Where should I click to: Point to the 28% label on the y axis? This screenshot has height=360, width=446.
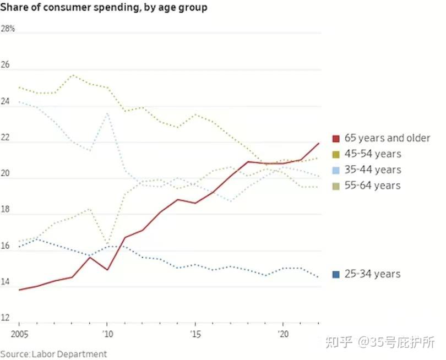click(8, 29)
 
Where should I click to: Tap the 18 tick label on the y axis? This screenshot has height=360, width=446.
click(6, 210)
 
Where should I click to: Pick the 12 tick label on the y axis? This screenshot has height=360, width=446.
click(6, 318)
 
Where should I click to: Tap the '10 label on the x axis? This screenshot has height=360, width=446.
click(107, 334)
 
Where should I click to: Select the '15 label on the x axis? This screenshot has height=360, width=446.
click(195, 334)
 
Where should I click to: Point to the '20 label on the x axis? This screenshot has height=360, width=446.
click(283, 334)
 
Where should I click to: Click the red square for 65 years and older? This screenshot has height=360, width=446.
click(336, 138)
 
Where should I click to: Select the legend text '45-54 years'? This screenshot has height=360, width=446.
click(373, 154)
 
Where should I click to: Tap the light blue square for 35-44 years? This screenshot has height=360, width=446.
click(336, 170)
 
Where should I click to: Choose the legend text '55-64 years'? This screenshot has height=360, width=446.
click(373, 186)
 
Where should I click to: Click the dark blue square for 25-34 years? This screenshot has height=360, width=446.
click(336, 274)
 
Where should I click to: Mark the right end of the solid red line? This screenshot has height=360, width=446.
click(319, 143)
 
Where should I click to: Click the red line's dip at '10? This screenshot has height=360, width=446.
click(107, 270)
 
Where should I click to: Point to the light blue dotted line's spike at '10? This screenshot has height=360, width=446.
click(107, 113)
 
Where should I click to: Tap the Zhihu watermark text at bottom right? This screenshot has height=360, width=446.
click(380, 342)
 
